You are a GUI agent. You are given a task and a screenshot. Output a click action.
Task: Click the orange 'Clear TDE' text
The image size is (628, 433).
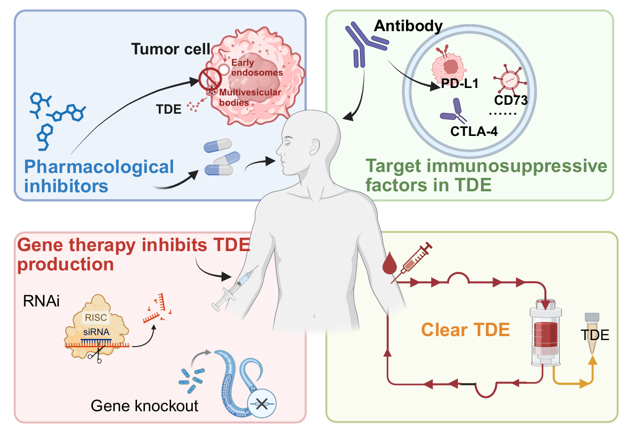(466, 330)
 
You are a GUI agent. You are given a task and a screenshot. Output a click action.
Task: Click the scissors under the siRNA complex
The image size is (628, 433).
(95, 356)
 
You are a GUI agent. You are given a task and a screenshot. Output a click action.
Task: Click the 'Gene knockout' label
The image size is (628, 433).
(144, 406)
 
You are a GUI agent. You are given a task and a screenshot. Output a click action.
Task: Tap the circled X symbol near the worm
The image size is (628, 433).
(262, 403)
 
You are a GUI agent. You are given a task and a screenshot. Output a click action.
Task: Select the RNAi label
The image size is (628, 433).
(42, 301)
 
